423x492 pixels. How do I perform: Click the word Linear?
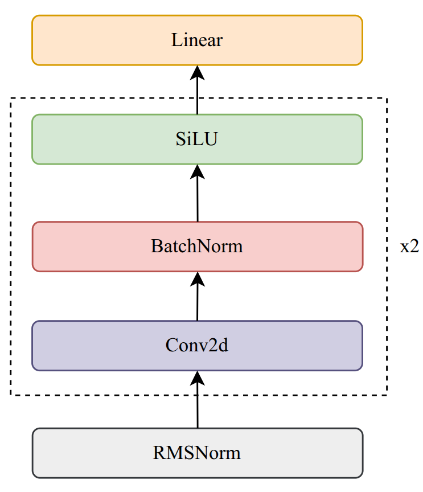(x=197, y=40)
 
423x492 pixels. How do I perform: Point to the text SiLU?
(x=197, y=140)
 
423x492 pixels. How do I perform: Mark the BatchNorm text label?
(x=197, y=247)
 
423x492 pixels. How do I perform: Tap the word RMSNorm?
(x=197, y=453)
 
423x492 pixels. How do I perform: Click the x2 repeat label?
(x=409, y=247)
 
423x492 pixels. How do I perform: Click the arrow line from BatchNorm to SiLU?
(x=198, y=199)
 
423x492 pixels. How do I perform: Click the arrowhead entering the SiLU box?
(x=198, y=170)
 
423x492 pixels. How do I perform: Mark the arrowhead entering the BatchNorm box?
(x=198, y=277)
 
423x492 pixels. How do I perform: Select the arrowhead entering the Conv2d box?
(x=198, y=376)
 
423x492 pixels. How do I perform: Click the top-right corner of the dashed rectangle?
(x=387, y=99)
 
